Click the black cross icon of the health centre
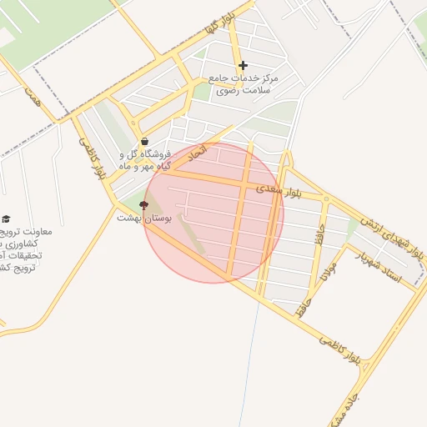243,65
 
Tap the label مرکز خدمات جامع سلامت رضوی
248,83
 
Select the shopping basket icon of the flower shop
146,142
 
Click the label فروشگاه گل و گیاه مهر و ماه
147,160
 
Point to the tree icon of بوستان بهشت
143,203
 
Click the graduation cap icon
6,219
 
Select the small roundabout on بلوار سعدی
326,199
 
